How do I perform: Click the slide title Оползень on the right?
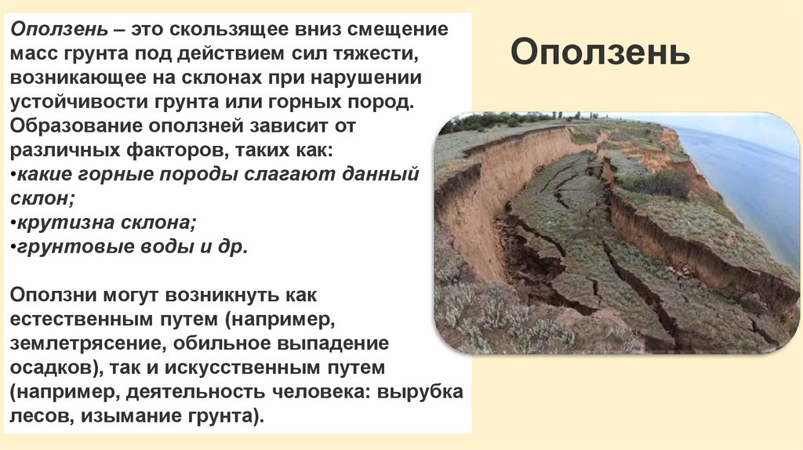[x=601, y=53]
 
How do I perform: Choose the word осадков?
[x=49, y=367]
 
